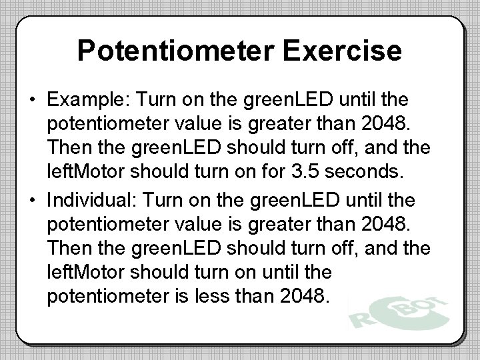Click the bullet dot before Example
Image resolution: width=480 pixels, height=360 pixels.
tap(32, 101)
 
